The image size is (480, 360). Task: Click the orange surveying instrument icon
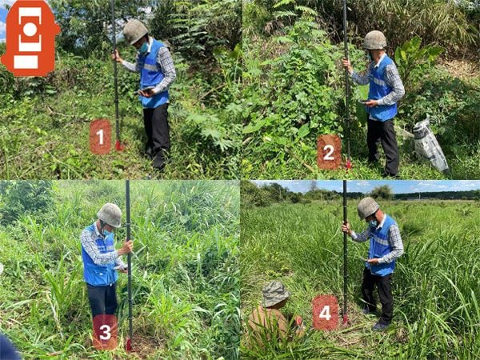pos(30,38)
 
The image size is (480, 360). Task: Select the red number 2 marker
pos(328,151)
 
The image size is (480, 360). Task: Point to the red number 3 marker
pos(105,331)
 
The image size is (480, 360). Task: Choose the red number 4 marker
pos(325,312)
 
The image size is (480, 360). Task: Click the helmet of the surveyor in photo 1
pos(135,30)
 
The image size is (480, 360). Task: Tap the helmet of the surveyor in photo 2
pos(374,39)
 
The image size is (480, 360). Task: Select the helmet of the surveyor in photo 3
pos(110,214)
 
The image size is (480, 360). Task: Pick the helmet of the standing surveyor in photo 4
pos(368,207)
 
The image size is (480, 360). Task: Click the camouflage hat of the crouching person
pos(276,294)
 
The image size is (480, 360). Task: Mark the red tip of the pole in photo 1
pos(119,146)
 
